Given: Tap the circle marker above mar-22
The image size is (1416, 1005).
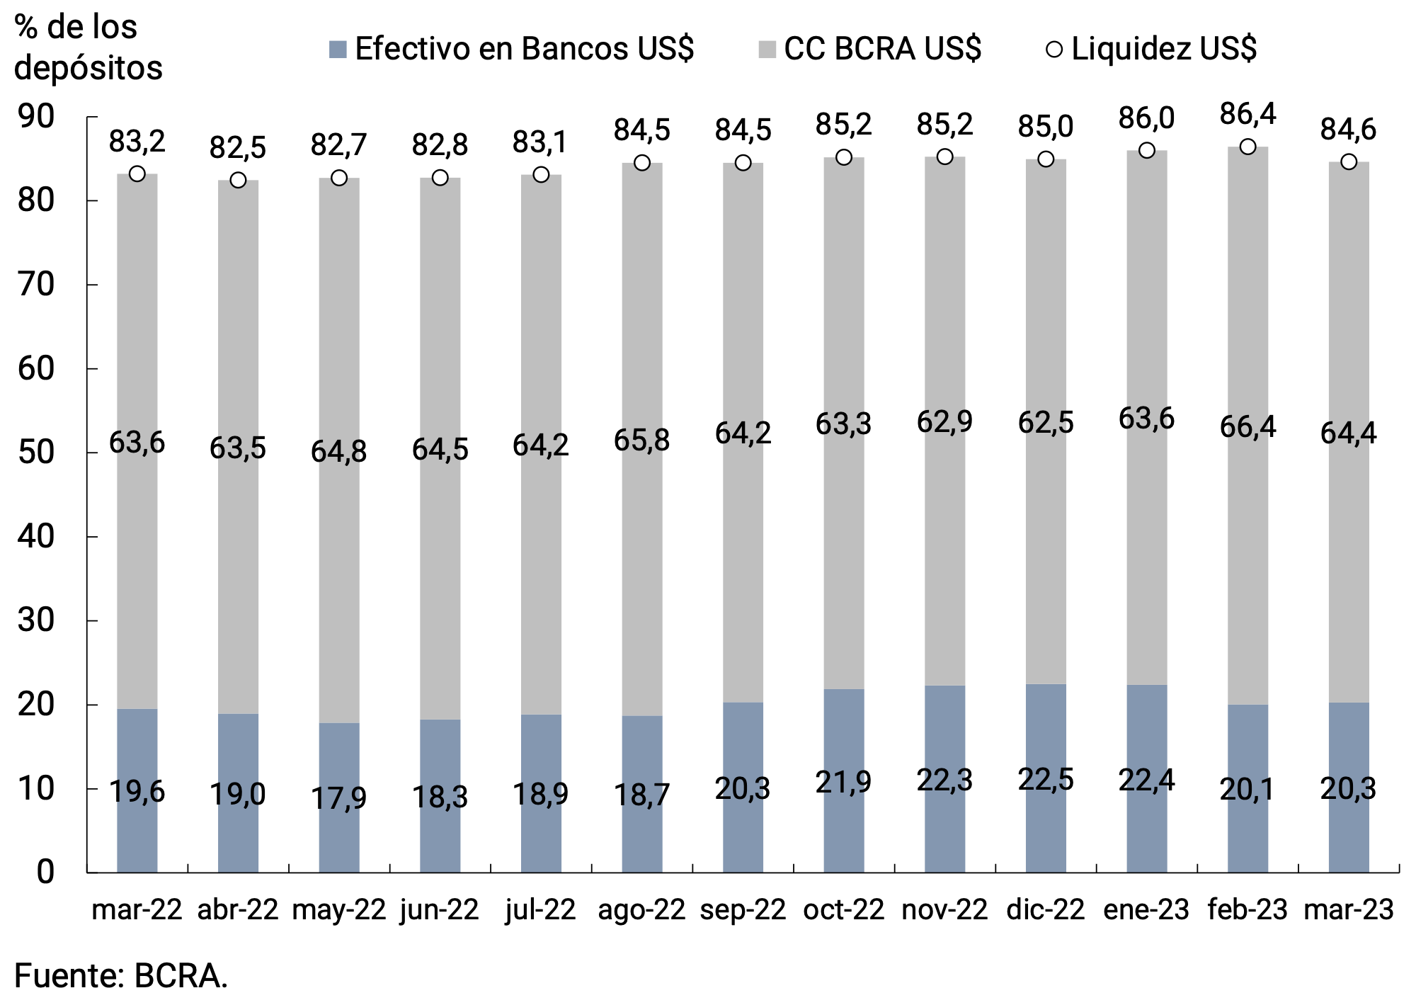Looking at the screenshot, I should [137, 174].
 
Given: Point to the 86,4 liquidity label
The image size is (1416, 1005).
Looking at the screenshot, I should [1247, 114].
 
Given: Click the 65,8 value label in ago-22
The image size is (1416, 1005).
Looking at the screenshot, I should [641, 440].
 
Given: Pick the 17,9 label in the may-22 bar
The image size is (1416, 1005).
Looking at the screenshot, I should [338, 798].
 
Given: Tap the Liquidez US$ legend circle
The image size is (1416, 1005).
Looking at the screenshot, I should [1054, 49].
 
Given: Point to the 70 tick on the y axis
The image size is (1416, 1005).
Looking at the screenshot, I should [36, 285].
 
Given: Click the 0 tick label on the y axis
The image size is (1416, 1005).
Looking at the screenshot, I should [45, 872].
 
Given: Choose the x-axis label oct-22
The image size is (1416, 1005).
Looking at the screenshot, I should [843, 909].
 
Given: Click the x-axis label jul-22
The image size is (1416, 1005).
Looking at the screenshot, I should [541, 909].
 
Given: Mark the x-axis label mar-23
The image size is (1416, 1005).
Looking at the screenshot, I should [1348, 909].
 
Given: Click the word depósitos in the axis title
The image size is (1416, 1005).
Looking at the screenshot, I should [88, 68].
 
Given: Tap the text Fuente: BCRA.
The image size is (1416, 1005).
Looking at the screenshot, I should [121, 976].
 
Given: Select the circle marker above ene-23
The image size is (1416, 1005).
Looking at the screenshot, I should [1147, 150].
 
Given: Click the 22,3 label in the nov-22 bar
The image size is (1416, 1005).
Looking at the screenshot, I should [944, 780].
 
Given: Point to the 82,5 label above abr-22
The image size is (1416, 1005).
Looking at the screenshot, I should [238, 147].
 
